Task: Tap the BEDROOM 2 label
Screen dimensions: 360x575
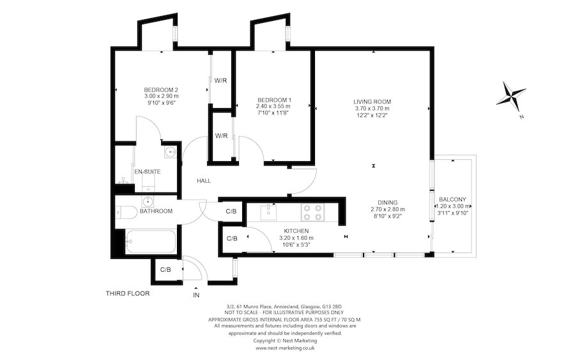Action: pyautogui.click(x=160, y=90)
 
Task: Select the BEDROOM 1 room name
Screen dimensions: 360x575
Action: pyautogui.click(x=274, y=100)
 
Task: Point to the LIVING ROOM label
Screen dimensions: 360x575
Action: pyautogui.click(x=372, y=102)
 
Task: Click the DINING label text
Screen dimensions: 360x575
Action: pyautogui.click(x=388, y=201)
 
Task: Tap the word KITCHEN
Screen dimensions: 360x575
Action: pyautogui.click(x=296, y=231)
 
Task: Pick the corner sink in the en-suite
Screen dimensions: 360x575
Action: pyautogui.click(x=169, y=152)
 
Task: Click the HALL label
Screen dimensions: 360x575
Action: pyautogui.click(x=204, y=181)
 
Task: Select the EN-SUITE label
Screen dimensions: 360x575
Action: pyautogui.click(x=147, y=172)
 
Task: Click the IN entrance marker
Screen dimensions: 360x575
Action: pyautogui.click(x=195, y=295)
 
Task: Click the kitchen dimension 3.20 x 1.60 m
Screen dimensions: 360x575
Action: pyautogui.click(x=296, y=238)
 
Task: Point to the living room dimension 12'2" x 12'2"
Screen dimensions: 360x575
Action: pyautogui.click(x=372, y=116)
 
